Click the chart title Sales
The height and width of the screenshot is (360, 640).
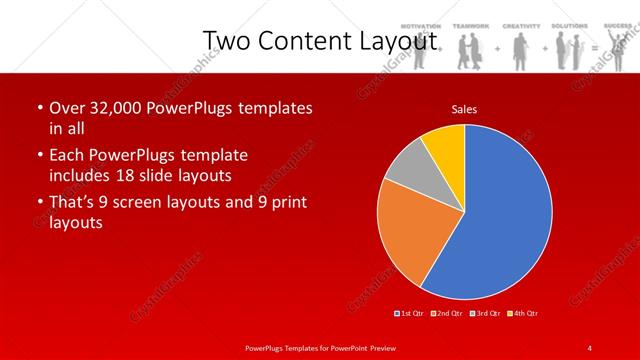(x=464, y=108)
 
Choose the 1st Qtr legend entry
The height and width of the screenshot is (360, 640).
(x=410, y=314)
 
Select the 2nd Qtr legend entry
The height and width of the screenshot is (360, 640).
(x=446, y=314)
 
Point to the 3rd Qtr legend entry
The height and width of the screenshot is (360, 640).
(x=484, y=314)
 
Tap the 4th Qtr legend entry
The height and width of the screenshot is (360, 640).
(x=522, y=314)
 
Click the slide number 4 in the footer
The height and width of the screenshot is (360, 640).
(x=590, y=347)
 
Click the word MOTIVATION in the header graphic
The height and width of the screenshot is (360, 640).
(x=421, y=25)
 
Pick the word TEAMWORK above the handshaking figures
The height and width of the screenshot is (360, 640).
(x=469, y=25)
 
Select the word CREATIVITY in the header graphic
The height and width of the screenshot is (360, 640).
(x=521, y=25)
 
